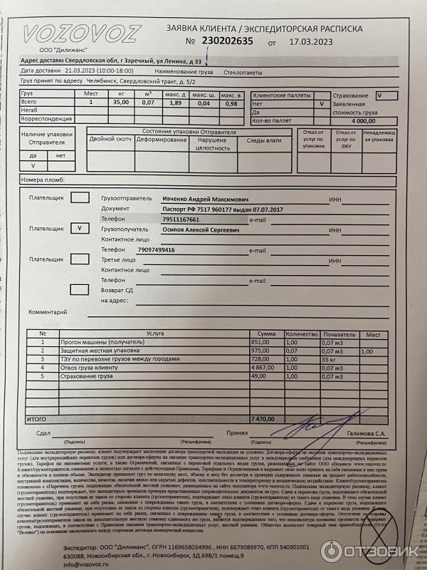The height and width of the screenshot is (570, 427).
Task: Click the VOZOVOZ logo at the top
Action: (82, 33)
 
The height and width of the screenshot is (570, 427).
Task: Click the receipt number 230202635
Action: (228, 41)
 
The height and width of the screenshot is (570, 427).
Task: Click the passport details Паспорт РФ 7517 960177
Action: (222, 209)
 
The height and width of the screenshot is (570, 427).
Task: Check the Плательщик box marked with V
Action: (79, 229)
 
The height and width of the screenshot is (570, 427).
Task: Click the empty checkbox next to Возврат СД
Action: (79, 289)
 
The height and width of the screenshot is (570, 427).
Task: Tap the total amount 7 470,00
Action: (263, 420)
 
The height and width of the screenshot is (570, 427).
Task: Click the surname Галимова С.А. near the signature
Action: (371, 433)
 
